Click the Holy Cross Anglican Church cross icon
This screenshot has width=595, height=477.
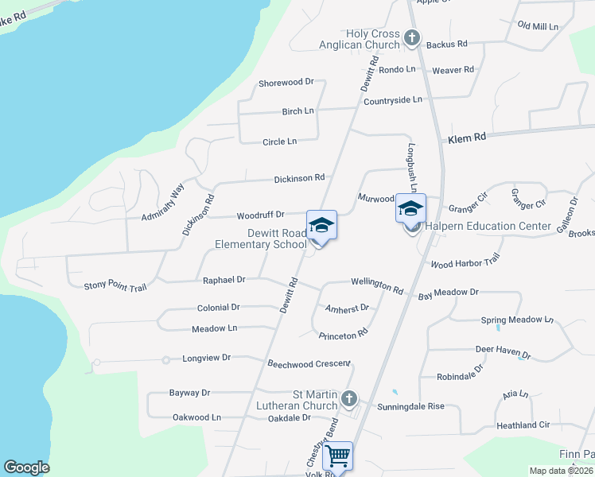[x=412, y=37]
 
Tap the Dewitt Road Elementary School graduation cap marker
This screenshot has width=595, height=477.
[x=321, y=226]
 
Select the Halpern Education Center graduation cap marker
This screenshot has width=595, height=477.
[x=410, y=210]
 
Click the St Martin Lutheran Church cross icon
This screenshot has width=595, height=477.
[x=348, y=397]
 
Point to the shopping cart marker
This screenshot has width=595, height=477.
[x=338, y=457]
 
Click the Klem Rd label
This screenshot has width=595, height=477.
[x=466, y=138]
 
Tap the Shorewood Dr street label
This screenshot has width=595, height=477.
[x=286, y=82]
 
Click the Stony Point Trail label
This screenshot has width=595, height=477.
[x=115, y=285]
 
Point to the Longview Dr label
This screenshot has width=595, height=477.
[x=206, y=358]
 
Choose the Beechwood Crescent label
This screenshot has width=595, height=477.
[x=309, y=363]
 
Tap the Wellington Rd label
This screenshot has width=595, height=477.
[x=377, y=285]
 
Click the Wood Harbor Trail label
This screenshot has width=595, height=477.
[x=465, y=261]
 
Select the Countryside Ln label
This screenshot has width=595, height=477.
[x=392, y=100]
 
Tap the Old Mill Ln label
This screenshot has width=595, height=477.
[x=539, y=26]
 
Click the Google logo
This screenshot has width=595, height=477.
[x=26, y=467]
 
